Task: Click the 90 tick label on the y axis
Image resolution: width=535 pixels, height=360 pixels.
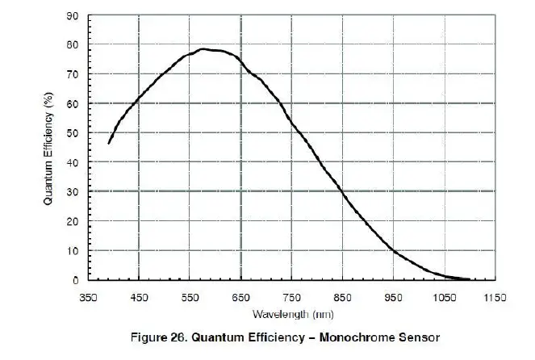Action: (x=73, y=15)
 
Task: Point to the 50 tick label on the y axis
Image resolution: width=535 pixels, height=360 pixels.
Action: (x=73, y=133)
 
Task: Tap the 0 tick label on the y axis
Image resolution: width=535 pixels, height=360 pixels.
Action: (x=75, y=281)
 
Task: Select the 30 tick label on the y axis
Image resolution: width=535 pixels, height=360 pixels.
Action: (x=73, y=192)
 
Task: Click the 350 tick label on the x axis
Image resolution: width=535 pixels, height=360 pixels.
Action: (x=89, y=297)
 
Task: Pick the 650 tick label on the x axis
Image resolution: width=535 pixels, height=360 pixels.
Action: (x=241, y=297)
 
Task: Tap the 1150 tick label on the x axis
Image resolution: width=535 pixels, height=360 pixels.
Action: (x=494, y=297)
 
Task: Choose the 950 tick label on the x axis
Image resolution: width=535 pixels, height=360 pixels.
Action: (x=393, y=297)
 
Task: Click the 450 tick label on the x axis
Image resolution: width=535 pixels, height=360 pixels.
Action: (x=140, y=297)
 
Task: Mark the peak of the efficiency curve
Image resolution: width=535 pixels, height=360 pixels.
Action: (x=204, y=48)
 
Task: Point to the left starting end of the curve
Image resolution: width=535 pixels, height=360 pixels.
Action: (x=109, y=143)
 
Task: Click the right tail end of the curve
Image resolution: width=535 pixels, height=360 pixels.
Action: (x=469, y=279)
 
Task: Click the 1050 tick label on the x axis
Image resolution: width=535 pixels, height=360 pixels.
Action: (x=443, y=297)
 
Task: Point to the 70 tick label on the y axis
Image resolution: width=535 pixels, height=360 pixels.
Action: (x=73, y=74)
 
